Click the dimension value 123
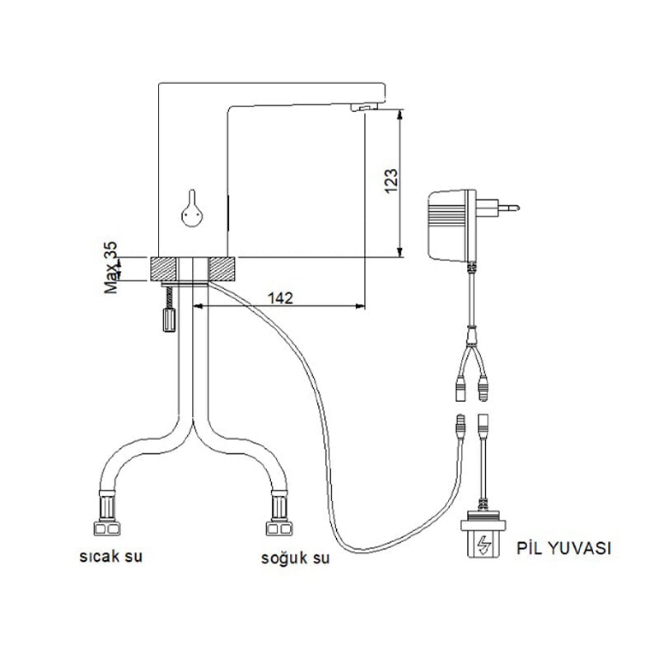[391, 180]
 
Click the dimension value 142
[280, 298]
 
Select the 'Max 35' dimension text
[111, 268]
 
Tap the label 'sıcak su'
[111, 557]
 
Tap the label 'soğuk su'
[296, 559]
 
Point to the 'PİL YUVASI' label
[563, 549]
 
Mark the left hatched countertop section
[162, 269]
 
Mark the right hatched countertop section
[223, 269]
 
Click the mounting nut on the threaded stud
[169, 320]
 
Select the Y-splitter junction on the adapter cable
[473, 334]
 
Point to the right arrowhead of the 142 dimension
[360, 306]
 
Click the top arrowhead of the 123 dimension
[400, 115]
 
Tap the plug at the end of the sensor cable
[460, 426]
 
